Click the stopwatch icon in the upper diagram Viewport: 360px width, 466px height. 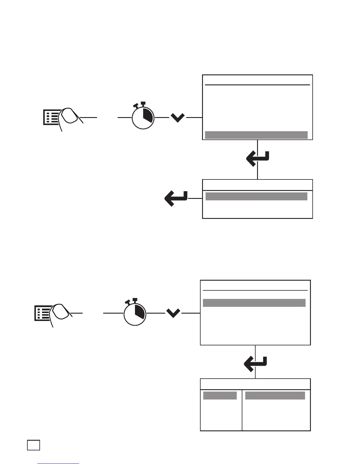[143, 117]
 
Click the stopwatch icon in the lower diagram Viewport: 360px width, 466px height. [135, 313]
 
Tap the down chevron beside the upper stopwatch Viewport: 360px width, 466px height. [178, 118]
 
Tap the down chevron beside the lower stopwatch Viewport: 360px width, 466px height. [173, 313]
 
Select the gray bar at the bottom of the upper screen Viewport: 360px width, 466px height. [256, 135]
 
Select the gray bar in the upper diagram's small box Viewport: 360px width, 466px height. [256, 196]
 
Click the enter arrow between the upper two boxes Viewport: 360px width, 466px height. [258, 158]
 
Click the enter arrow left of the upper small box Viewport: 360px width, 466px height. [176, 198]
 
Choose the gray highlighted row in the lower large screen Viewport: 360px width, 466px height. [254, 303]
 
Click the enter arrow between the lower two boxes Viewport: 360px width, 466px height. [255, 364]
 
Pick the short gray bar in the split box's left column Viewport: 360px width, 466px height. [220, 395]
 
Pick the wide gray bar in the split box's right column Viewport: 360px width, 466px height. [275, 395]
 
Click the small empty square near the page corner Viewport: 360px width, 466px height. [34, 445]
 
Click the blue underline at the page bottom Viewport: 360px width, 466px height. [58, 463]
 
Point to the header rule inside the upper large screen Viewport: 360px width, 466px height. [257, 85]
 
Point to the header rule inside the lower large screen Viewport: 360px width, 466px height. [255, 290]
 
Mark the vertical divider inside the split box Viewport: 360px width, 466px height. [242, 410]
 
